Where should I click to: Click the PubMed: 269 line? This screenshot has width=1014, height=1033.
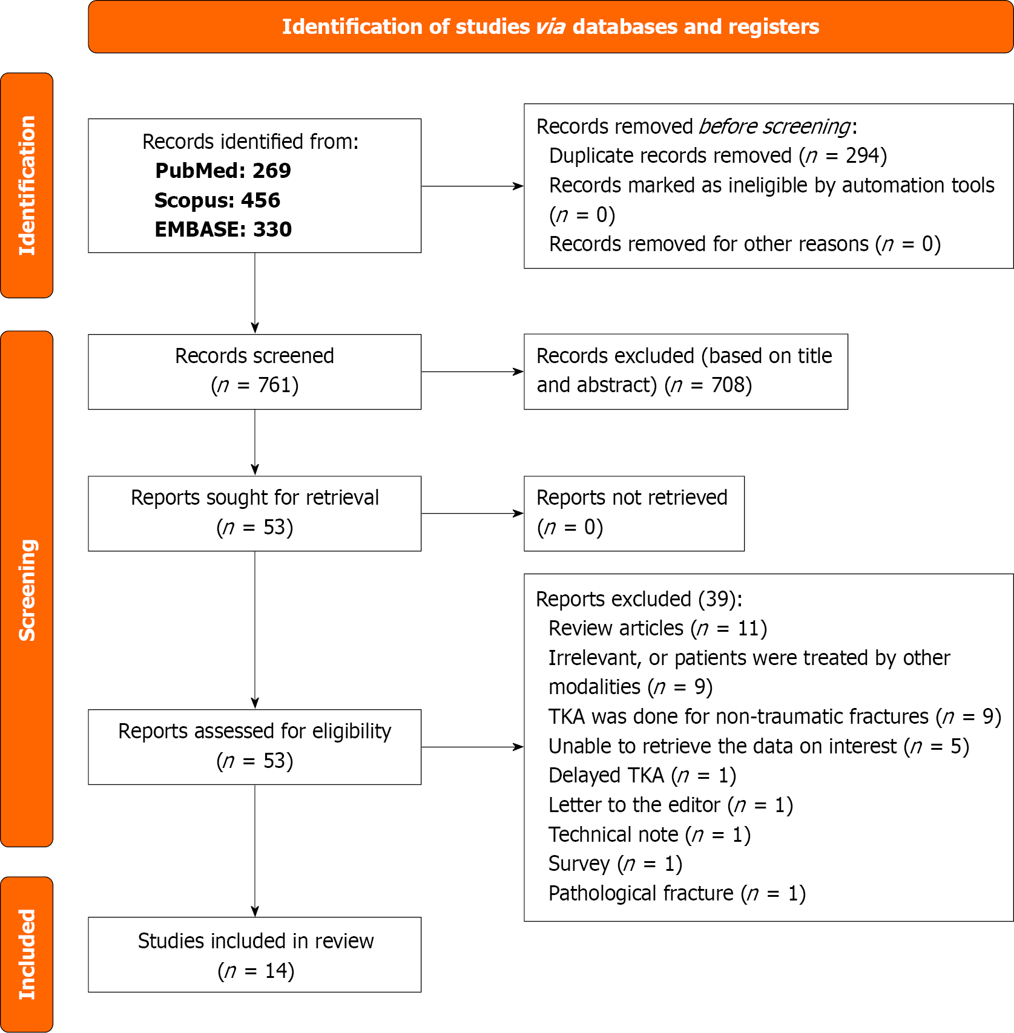[223, 171]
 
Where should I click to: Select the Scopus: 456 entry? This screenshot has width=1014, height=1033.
[217, 200]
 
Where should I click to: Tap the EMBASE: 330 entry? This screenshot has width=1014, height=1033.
[223, 229]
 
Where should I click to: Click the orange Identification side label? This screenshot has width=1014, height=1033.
[27, 185]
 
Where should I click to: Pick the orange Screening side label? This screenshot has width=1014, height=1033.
[27, 589]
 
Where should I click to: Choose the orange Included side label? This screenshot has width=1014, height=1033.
[27, 954]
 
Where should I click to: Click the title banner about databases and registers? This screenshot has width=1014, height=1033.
[550, 27]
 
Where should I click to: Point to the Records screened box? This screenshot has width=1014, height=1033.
[254, 372]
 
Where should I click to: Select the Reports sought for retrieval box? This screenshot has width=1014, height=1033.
[254, 513]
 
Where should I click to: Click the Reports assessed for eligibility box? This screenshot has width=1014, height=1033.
[254, 747]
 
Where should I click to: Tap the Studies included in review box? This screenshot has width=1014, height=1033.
[254, 954]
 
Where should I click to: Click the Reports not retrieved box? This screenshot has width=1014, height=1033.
[633, 513]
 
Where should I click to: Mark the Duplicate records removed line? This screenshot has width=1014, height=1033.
[717, 156]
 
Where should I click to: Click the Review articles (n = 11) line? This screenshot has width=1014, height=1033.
[657, 629]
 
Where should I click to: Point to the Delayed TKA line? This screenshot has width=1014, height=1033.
[642, 776]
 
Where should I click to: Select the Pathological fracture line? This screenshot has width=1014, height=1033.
[677, 893]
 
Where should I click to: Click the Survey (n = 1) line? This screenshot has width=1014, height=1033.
[615, 864]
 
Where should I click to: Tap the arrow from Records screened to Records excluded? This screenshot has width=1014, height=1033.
[472, 372]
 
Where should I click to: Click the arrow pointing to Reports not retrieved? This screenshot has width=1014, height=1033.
[472, 513]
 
